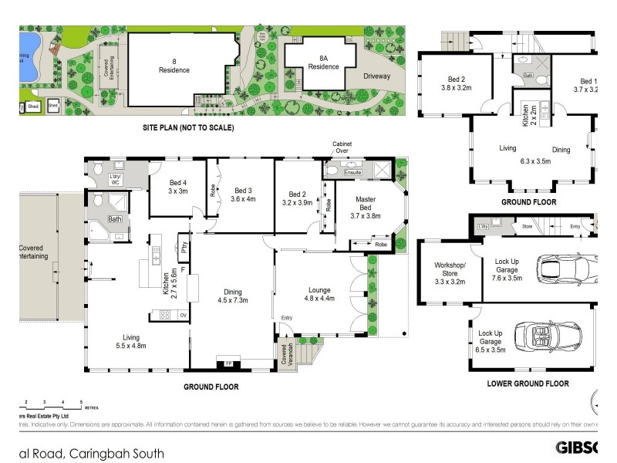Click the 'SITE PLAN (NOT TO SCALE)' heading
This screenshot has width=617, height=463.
[188, 127]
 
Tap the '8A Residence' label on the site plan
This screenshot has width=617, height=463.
[324, 63]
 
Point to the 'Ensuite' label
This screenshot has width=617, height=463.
[352, 173]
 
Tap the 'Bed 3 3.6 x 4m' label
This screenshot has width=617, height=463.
[243, 194]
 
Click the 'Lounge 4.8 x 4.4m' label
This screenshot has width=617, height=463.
[319, 293]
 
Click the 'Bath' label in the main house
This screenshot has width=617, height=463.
[115, 219]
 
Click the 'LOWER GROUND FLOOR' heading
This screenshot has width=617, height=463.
[528, 384]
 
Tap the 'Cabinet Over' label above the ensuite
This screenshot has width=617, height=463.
[342, 147]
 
